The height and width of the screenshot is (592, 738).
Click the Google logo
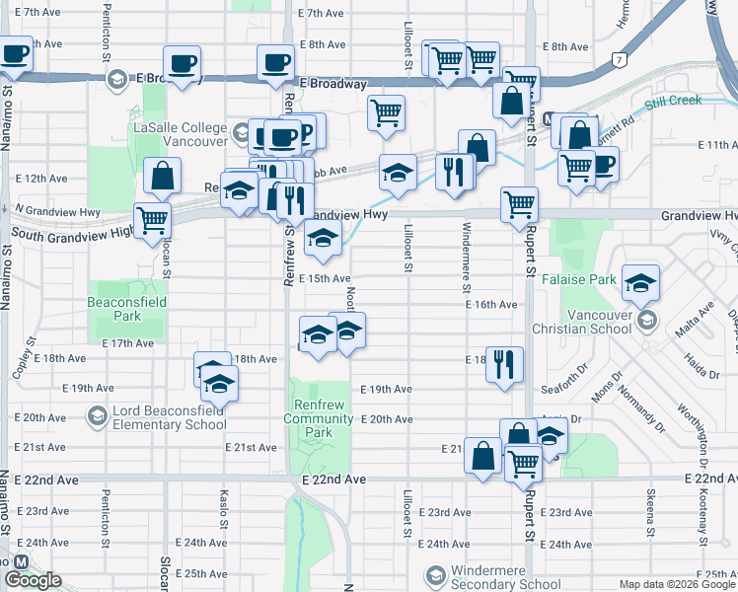click(33, 580)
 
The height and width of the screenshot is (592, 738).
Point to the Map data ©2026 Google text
click(678, 584)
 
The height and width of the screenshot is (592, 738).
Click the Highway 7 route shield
click(619, 59)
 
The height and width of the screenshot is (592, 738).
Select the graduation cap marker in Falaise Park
click(640, 282)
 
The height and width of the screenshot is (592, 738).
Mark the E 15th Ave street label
click(325, 279)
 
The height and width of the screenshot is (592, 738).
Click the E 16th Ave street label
click(492, 305)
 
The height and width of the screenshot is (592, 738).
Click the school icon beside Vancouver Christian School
click(647, 320)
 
